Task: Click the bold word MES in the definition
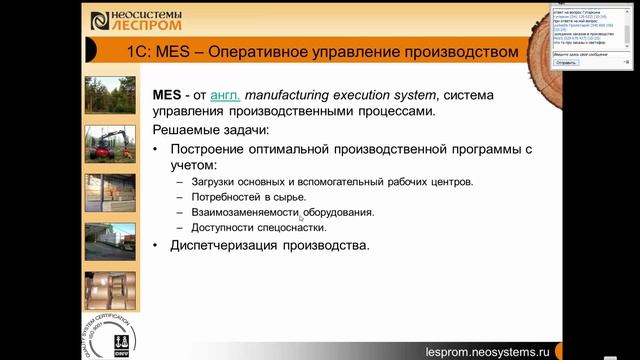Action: click(x=165, y=95)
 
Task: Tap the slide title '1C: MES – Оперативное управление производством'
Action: click(x=323, y=51)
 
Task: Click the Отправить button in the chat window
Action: click(x=566, y=62)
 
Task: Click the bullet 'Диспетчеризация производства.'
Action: click(x=270, y=245)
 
